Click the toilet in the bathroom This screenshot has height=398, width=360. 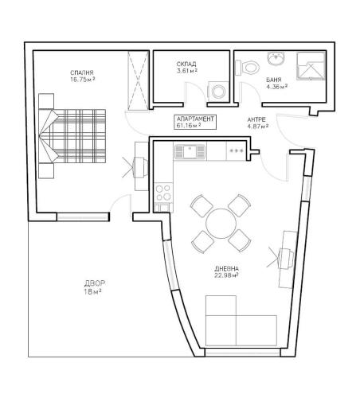pos(248,68)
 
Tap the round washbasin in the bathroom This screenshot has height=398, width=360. pos(276,58)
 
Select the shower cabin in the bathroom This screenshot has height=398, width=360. pos(311,66)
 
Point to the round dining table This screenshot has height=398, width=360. pos(221,224)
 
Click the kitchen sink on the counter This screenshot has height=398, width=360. pos(190,151)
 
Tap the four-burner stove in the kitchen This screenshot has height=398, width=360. pos(163,193)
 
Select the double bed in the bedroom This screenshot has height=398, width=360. pos(72,136)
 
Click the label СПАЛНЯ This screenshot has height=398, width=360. pos(82,72)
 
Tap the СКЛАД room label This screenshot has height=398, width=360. pos(186,64)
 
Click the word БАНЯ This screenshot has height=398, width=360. pos(274,80)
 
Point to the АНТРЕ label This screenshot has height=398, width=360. pos(256,119)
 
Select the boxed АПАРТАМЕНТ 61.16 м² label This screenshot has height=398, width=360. pos(195,122)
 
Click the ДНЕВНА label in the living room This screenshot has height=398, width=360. pos(226,268)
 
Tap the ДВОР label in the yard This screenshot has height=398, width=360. pos(95,283)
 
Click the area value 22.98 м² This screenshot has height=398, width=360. pos(226,275)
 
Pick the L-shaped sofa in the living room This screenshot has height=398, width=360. pos(241,321)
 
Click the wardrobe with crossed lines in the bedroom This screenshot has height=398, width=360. pos(138,80)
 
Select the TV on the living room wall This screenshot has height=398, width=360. pos(287,259)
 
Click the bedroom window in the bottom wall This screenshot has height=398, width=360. pos(83,217)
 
